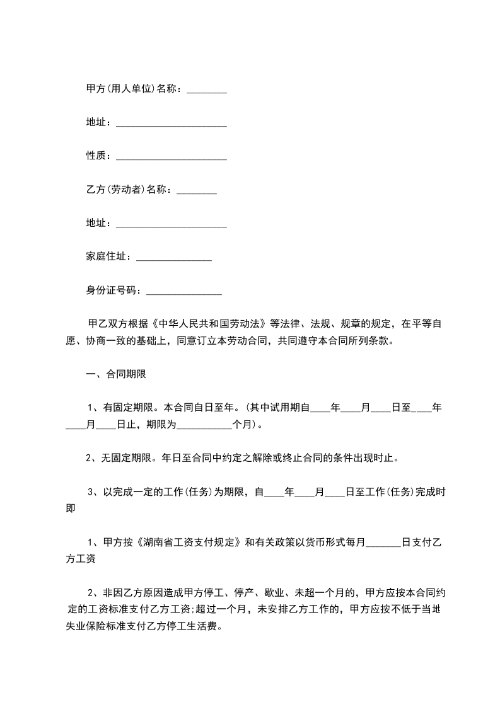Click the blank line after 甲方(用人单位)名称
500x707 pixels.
(207, 91)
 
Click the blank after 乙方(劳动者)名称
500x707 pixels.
(197, 192)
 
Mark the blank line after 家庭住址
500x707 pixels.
(173, 259)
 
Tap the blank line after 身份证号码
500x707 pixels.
(183, 292)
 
